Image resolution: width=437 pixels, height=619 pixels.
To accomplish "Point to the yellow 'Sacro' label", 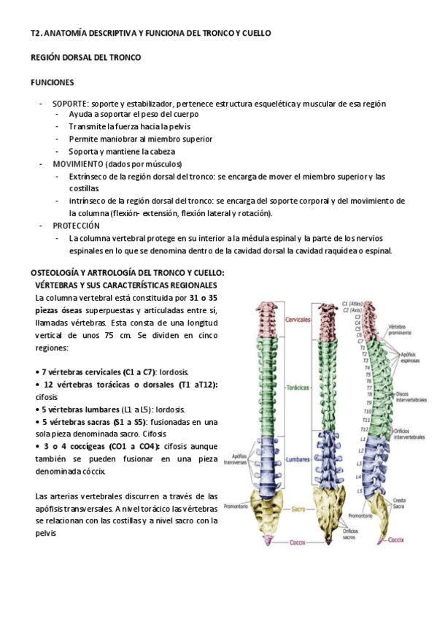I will click(297, 508).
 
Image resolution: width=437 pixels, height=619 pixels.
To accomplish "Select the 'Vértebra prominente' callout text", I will click(401, 329).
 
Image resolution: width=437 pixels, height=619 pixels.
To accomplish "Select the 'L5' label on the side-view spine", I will click(359, 491).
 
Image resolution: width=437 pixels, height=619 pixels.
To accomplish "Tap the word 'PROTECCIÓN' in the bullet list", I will click(76, 226).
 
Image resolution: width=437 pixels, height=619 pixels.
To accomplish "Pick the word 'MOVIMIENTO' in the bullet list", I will click(78, 164).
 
